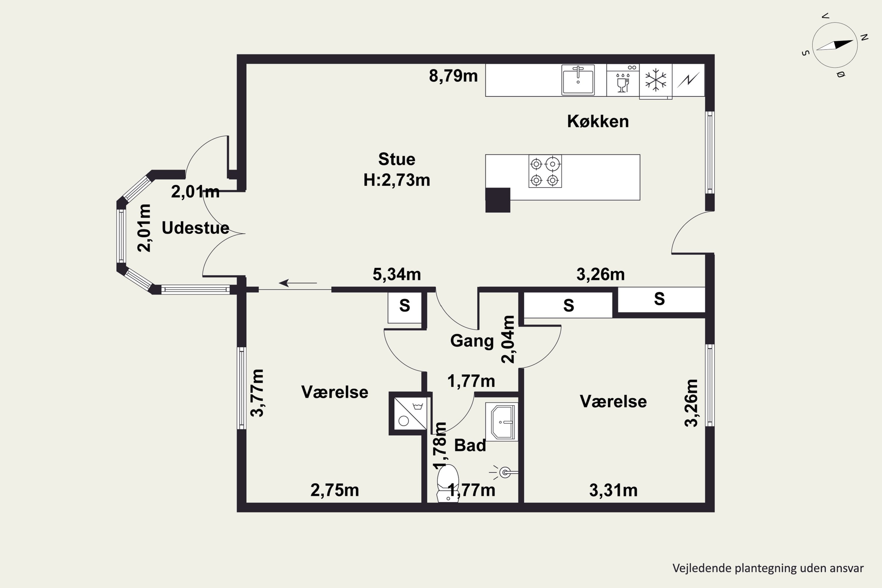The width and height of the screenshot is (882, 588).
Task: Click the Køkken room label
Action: click(598, 121)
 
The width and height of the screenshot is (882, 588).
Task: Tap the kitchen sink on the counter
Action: click(578, 80)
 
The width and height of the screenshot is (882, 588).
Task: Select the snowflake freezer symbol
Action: click(656, 80)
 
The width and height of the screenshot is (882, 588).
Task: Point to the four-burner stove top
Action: click(545, 171)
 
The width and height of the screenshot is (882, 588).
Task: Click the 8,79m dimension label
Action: click(453, 76)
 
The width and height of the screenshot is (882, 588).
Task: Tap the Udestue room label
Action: click(196, 228)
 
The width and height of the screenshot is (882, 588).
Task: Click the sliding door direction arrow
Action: click(298, 283)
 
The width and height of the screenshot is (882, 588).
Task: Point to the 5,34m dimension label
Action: click(397, 275)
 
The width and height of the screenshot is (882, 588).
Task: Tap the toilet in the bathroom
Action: click(448, 483)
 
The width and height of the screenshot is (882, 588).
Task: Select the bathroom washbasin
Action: click(502, 422)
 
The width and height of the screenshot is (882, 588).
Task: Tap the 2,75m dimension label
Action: click(335, 490)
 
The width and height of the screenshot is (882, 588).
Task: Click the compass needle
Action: click(835, 45)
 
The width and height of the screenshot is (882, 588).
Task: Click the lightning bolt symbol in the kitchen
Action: click(689, 80)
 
